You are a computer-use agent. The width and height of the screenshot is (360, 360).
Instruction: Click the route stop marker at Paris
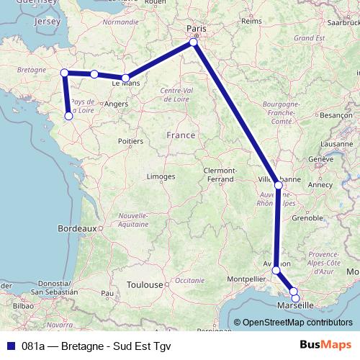(x=194, y=43)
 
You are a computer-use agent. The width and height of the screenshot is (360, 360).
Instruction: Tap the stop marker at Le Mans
(x=125, y=78)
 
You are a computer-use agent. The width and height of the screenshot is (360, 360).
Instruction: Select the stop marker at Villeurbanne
(x=279, y=185)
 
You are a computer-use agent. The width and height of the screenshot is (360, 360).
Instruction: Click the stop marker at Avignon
(x=276, y=270)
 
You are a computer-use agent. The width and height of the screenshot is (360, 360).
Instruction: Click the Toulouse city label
(x=145, y=284)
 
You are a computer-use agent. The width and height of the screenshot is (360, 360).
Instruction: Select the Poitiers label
(x=130, y=141)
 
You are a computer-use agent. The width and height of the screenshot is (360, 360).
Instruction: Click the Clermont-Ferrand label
(x=219, y=174)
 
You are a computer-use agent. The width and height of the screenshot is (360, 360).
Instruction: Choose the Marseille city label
(x=296, y=305)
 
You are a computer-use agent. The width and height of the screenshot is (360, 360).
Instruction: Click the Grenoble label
(x=307, y=217)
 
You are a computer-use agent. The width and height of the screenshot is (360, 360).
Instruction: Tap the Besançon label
(x=335, y=114)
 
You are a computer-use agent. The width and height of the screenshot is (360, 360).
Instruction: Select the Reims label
(x=251, y=22)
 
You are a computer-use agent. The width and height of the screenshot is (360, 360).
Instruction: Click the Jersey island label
(x=48, y=22)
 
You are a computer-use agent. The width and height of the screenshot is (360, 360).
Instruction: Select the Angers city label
(x=116, y=104)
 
